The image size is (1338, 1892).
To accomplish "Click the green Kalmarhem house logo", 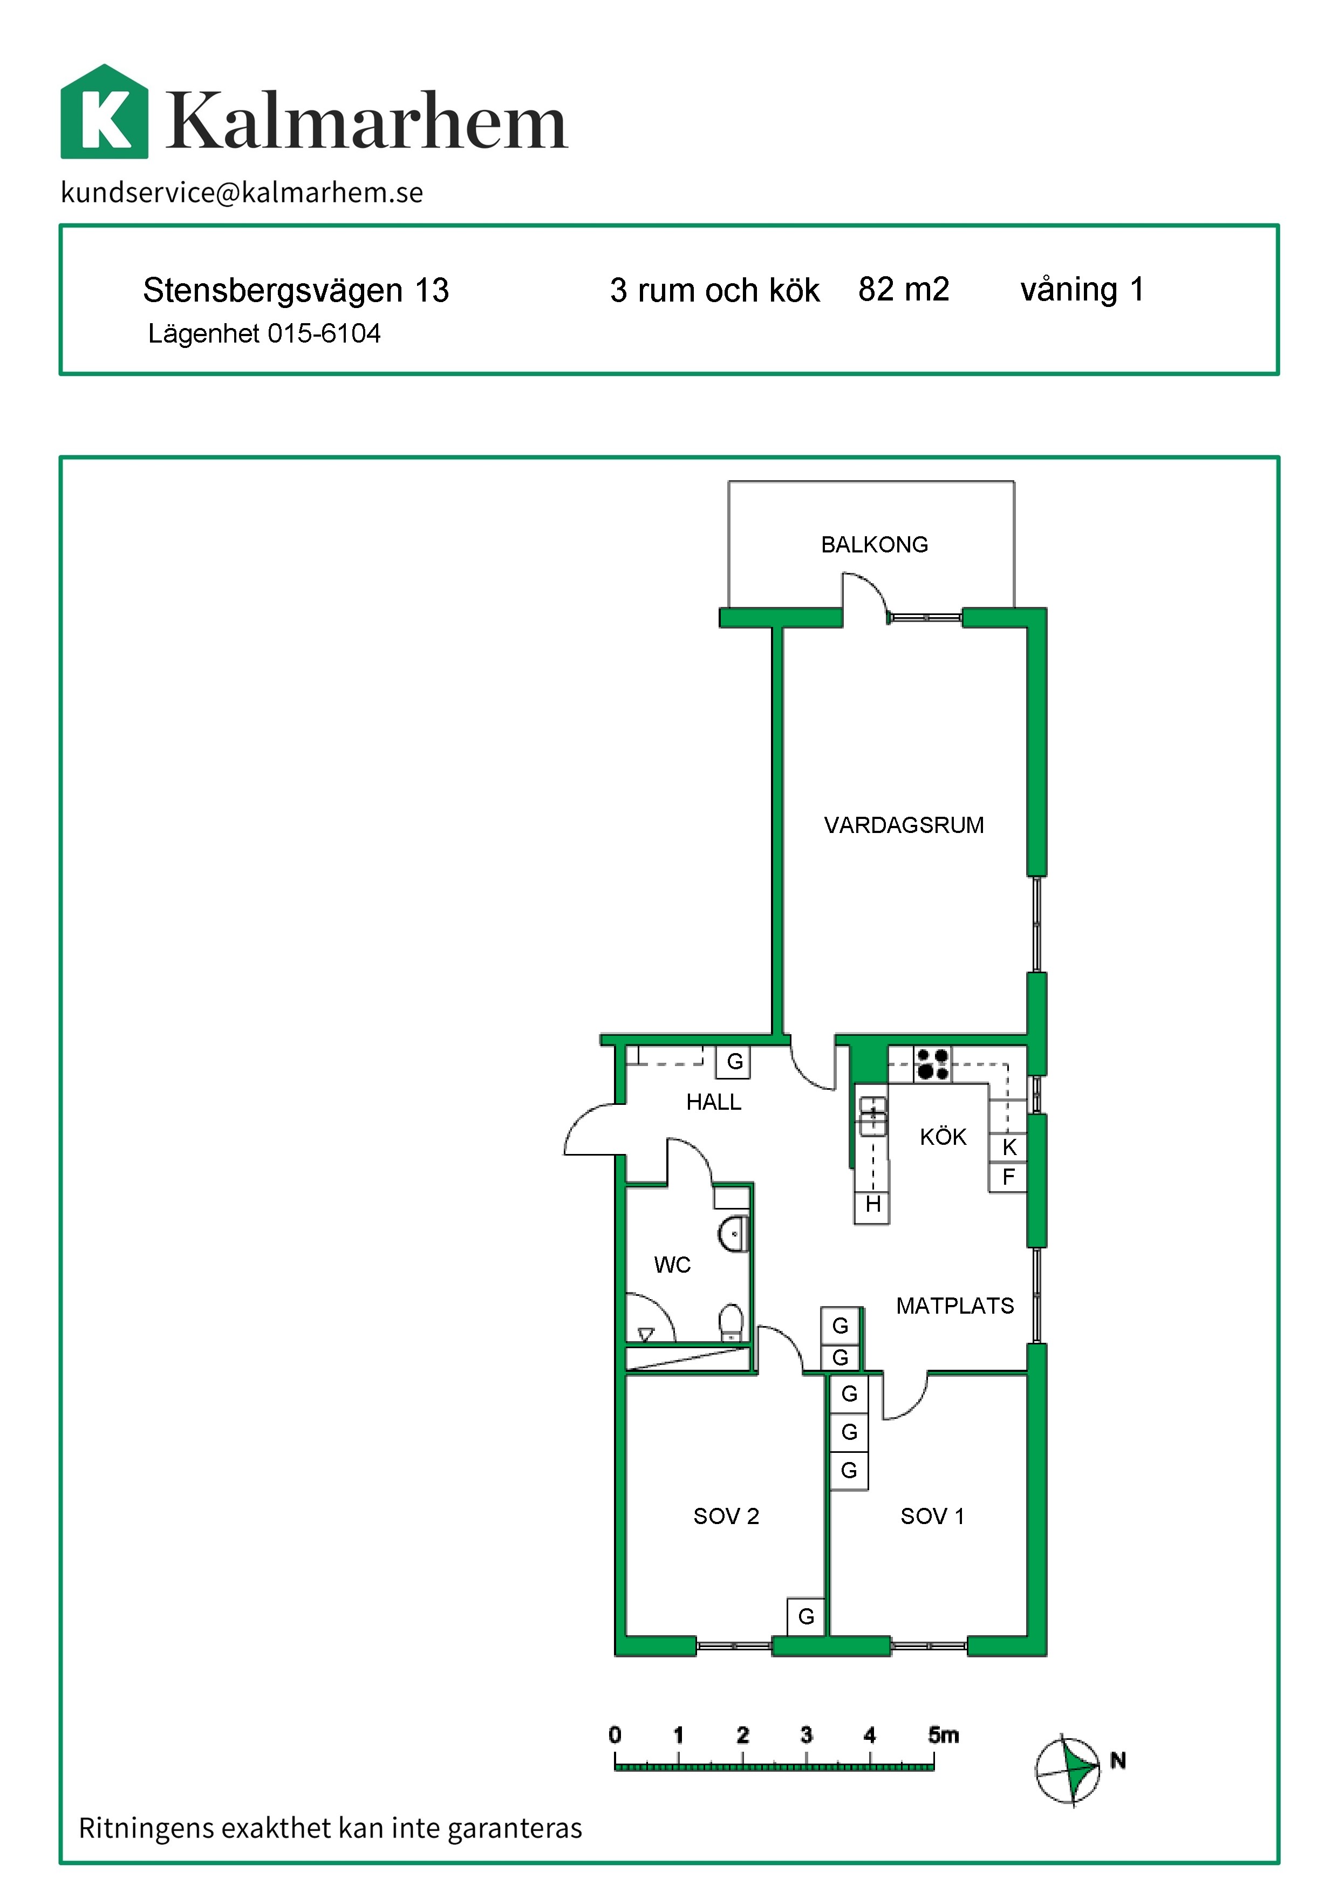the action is [105, 111].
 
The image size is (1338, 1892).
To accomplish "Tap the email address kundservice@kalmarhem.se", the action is [242, 193].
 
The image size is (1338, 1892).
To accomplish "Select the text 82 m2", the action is [904, 289].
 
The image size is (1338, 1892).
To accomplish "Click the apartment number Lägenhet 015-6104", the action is [264, 334].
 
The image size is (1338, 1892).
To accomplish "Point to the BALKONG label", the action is [874, 545].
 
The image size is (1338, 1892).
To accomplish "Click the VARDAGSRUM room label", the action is [904, 825].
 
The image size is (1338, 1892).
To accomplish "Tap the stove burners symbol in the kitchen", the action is [932, 1064].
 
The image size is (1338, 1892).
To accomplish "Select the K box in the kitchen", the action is [1008, 1147].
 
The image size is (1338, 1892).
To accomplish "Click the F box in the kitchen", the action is [1008, 1177].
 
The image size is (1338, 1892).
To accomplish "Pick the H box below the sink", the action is [872, 1205].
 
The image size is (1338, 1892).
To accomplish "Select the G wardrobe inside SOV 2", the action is [805, 1617].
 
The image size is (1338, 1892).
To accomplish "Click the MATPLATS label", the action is [955, 1306].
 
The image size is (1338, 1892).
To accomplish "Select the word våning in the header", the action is [1069, 291].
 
